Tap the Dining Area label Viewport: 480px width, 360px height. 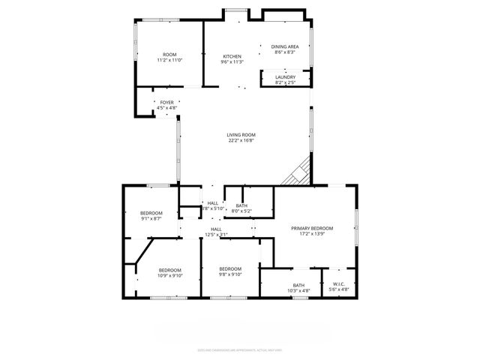283,46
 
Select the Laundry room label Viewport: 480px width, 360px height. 285,76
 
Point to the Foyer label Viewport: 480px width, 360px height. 166,102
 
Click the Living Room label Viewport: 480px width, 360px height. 241,134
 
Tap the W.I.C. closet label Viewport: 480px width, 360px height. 340,283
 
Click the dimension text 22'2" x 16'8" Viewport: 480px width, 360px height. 241,140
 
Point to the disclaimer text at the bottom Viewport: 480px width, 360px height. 240,349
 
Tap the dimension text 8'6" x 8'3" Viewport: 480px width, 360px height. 283,52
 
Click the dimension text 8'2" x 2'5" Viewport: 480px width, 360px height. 285,82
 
